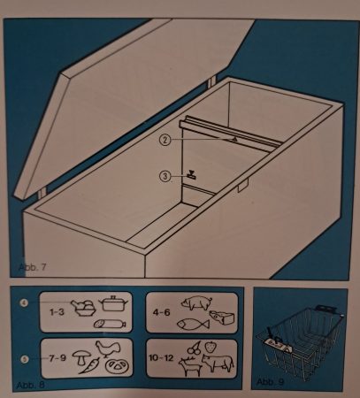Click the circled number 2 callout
tap(165, 140)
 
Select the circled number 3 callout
tap(165, 176)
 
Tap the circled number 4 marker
tap(25, 303)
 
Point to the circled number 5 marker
tap(25, 359)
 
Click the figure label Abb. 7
tap(33, 267)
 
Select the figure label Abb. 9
tap(270, 382)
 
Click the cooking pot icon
tap(114, 303)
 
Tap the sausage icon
tap(110, 324)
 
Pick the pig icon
tap(197, 302)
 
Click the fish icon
tap(193, 324)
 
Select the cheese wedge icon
tap(222, 318)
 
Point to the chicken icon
tap(108, 348)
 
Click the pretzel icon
tap(117, 366)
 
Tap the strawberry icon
tap(210, 347)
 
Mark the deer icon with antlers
tap(190, 365)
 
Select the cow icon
tap(218, 363)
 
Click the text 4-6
tap(161, 312)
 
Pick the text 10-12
tap(161, 358)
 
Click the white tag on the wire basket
tap(277, 344)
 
